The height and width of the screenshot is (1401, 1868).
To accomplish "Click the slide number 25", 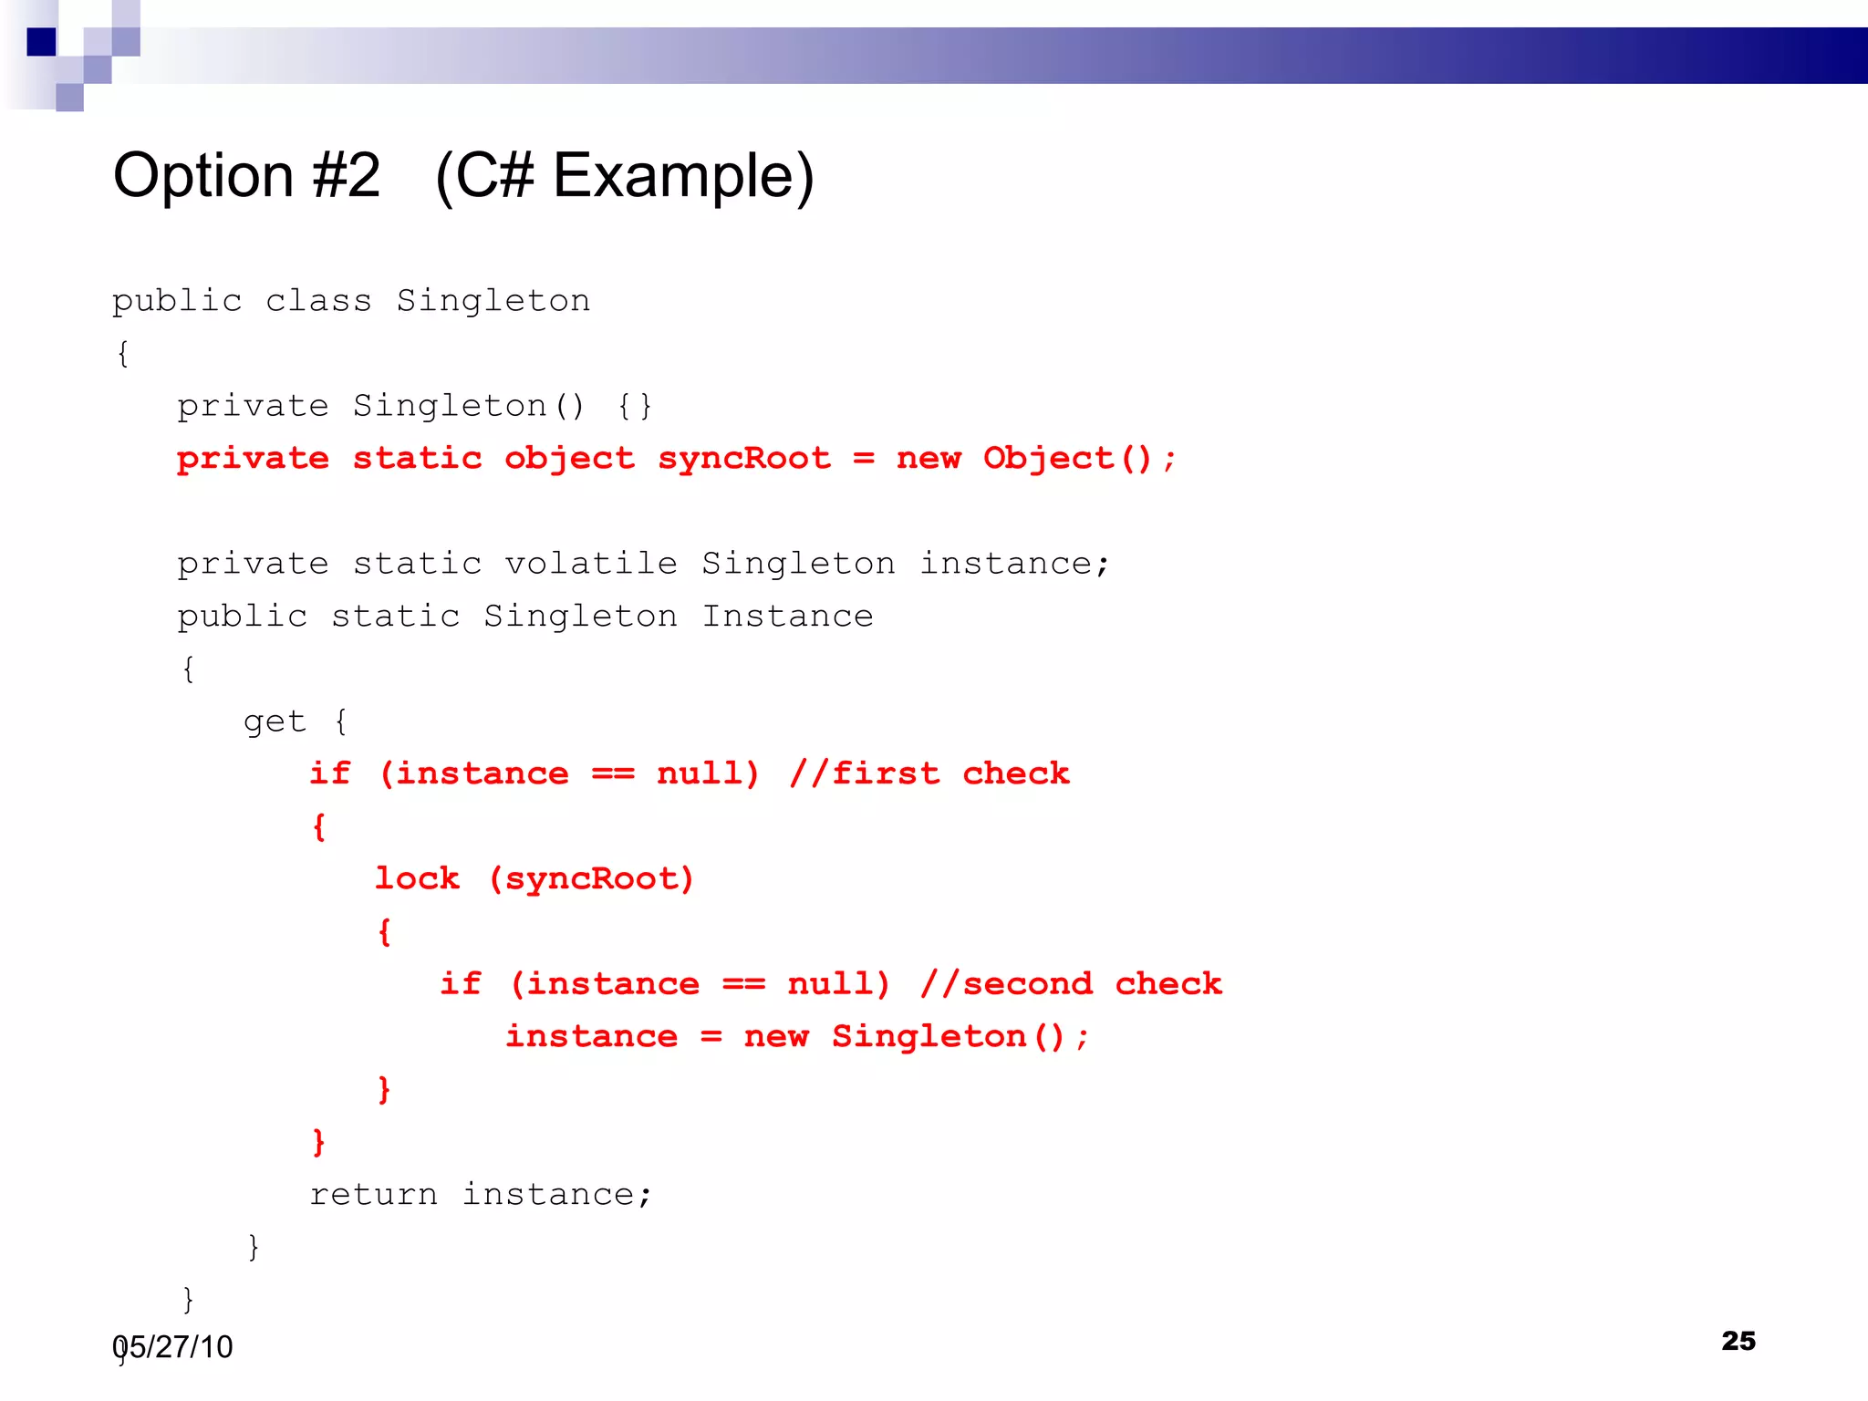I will point(1738,1340).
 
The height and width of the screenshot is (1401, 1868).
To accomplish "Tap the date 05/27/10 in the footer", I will point(173,1346).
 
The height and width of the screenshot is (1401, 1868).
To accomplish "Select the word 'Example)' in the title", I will point(683,175).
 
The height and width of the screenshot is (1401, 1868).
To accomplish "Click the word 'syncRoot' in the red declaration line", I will point(744,458).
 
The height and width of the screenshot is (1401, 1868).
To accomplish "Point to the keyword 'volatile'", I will point(591,564).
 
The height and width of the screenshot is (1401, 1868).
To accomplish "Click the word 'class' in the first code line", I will point(318,301).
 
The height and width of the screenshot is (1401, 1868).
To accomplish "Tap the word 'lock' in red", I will point(417,878).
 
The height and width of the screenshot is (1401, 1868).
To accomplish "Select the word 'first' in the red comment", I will point(885,773).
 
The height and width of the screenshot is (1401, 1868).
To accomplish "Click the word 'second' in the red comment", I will point(1027,983).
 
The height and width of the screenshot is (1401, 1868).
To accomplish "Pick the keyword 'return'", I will point(373,1194).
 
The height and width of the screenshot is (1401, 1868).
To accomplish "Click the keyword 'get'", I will point(275,721).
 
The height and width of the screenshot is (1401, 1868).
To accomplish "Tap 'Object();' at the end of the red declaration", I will point(1079,458).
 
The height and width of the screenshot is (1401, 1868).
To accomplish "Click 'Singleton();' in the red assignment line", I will point(960,1036).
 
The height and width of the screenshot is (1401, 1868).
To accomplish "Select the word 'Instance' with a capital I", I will point(787,617).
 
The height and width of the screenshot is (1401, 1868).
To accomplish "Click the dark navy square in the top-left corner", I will point(41,42).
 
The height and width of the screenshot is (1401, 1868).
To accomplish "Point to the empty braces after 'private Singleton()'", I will point(634,406).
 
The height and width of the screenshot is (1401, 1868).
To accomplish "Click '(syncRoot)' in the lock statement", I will point(591,878).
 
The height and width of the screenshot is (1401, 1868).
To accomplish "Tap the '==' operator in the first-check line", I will point(613,773).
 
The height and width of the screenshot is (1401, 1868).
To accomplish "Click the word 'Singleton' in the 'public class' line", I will point(493,301).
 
